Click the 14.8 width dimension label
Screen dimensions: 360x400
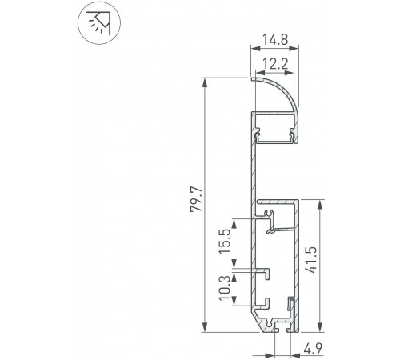point(274,38)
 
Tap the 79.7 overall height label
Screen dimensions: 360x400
point(194,204)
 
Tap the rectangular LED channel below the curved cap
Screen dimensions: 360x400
point(274,128)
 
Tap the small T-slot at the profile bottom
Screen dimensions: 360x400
point(281,326)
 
